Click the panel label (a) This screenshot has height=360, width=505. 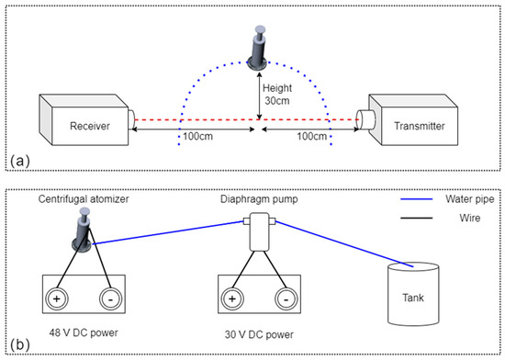(19, 161)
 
